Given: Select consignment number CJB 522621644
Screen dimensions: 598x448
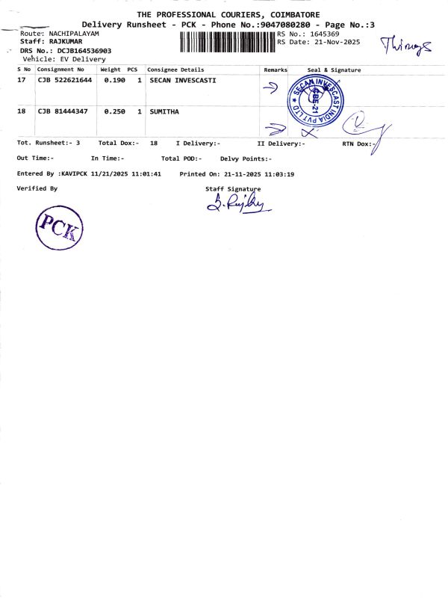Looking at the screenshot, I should point(65,80).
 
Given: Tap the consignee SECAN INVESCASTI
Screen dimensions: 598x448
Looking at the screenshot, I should point(183,80).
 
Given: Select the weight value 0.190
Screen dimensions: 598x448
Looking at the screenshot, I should point(114,80).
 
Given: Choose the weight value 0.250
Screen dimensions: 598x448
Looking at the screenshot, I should point(114,111).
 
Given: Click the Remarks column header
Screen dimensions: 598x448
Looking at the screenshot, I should point(276,70).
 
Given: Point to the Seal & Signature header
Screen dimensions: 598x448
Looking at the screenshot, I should point(334,70).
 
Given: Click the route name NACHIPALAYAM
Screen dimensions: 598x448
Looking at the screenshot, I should point(74,34).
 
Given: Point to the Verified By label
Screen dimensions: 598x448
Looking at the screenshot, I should point(37,188).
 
